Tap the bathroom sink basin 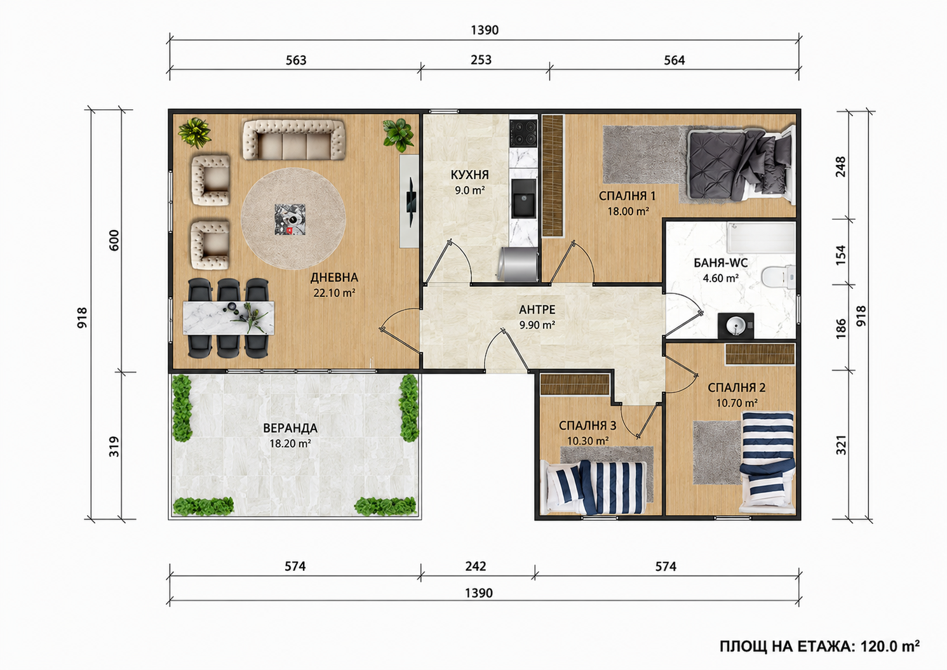[x=735, y=326]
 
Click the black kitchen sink [x=523, y=198]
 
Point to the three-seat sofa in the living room [x=294, y=140]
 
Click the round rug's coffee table [x=290, y=219]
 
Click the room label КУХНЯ [x=470, y=175]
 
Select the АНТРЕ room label [x=537, y=309]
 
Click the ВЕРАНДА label [x=290, y=428]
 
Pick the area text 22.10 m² [x=334, y=293]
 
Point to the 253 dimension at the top [x=481, y=60]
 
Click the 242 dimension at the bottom [x=476, y=566]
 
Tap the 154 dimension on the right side [x=842, y=255]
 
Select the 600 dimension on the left [x=114, y=240]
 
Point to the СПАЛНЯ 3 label [x=588, y=425]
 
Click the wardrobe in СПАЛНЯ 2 [x=760, y=354]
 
